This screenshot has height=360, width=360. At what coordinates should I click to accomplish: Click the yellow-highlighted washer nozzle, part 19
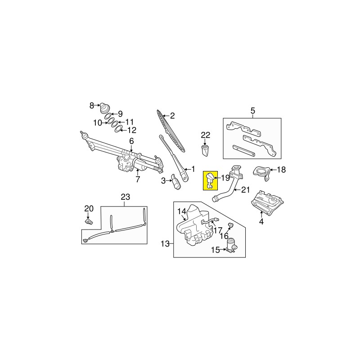(210, 181)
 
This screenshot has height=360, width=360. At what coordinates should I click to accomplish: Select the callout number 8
(92, 106)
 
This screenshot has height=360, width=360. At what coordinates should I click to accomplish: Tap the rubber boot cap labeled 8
(105, 108)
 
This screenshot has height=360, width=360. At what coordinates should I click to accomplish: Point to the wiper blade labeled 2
(171, 130)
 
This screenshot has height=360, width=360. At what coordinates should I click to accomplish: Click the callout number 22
(206, 135)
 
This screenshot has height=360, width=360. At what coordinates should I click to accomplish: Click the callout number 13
(165, 243)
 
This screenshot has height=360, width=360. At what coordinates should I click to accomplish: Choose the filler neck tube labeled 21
(230, 186)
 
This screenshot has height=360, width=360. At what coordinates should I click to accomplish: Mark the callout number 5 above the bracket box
(252, 111)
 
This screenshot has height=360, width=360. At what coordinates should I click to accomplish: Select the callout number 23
(126, 197)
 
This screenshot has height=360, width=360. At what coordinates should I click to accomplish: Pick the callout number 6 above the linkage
(131, 141)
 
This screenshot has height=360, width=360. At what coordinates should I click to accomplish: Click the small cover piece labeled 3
(176, 182)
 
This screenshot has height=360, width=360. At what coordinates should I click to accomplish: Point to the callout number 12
(132, 130)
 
